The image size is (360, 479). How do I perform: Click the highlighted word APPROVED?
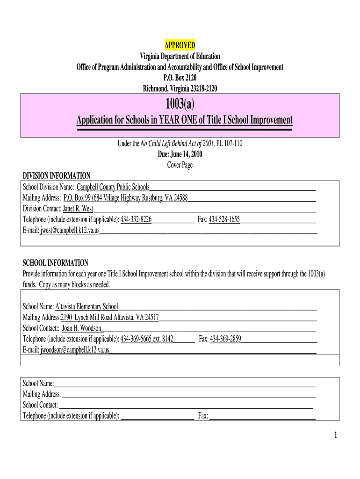click(180, 45)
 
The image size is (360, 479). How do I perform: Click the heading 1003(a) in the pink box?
click(180, 104)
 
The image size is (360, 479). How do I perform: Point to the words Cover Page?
click(180, 165)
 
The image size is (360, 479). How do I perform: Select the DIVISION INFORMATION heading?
click(57, 176)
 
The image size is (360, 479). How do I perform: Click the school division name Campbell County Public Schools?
click(113, 187)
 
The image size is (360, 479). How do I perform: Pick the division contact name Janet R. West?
click(78, 209)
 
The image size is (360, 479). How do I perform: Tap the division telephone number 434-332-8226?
click(136, 219)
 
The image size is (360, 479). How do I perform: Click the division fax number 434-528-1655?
click(224, 219)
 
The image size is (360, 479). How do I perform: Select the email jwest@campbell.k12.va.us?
click(70, 230)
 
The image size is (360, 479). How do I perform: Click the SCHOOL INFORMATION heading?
click(56, 263)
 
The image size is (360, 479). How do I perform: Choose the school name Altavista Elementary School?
click(86, 306)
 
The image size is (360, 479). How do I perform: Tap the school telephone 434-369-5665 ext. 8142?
click(147, 339)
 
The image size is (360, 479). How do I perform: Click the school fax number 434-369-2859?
click(225, 339)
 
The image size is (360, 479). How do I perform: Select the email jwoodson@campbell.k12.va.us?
click(75, 349)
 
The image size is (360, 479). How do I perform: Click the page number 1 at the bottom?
click(335, 435)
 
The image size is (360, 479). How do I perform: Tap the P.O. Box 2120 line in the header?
click(180, 78)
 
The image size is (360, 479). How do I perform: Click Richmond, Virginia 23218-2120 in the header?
click(180, 88)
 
